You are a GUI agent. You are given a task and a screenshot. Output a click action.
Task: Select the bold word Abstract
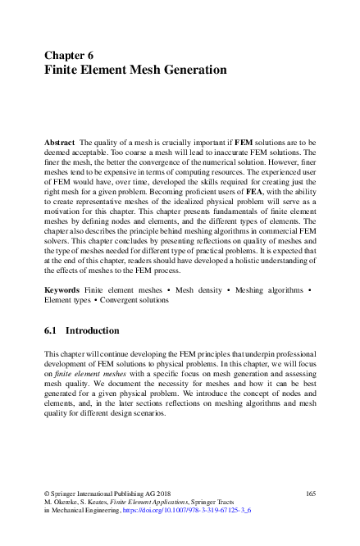click(x=59, y=142)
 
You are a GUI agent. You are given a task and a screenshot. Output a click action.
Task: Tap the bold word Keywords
click(x=62, y=290)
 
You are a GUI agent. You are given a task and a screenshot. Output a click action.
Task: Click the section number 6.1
click(x=51, y=331)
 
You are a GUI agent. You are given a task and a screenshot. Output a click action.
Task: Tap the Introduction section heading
click(x=93, y=331)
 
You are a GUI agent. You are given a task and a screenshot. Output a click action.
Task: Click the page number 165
click(x=310, y=493)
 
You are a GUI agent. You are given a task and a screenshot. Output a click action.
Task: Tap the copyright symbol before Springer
click(x=46, y=493)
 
